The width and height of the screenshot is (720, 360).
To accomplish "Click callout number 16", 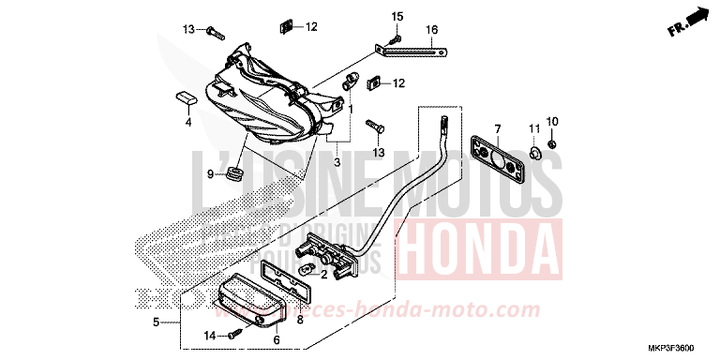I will [432, 30].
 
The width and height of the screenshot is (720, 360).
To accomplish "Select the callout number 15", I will [397, 17].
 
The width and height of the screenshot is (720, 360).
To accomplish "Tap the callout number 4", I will [187, 122].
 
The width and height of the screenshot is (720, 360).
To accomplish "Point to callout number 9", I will [212, 174].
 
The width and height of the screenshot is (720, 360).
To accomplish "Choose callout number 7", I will [498, 127].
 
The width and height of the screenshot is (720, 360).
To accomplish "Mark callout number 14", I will [211, 335].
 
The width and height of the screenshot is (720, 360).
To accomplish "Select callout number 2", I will [323, 275].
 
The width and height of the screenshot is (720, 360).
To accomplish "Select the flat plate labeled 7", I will [497, 160].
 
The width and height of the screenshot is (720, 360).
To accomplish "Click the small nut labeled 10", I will [553, 144].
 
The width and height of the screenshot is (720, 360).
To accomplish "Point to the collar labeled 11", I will [532, 150].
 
